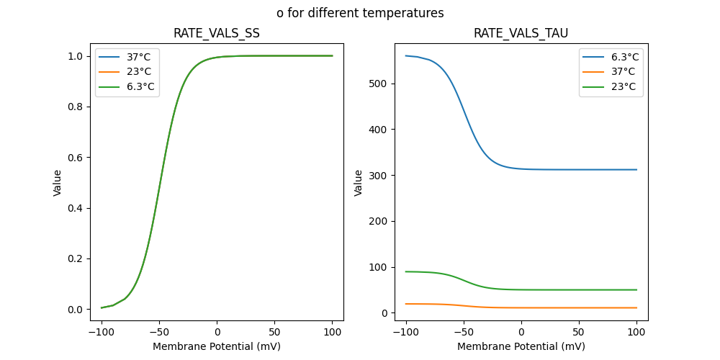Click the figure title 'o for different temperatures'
tap(360, 13)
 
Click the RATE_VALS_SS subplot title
tap(217, 33)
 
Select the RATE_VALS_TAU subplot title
tap(521, 33)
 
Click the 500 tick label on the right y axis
tap(379, 84)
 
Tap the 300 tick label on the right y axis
tap(379, 176)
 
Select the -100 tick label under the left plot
tap(102, 333)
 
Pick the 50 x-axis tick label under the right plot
tap(579, 333)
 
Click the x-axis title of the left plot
tap(217, 346)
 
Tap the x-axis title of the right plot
tap(521, 346)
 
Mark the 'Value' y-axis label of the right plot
tap(359, 183)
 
